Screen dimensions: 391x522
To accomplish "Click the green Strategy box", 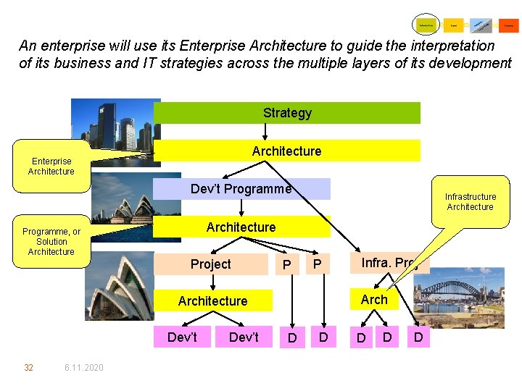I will pos(287,113).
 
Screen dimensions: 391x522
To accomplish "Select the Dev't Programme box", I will pos(241,189).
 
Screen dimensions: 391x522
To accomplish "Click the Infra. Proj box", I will pos(390,263).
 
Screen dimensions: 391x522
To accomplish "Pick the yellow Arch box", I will pos(374,299).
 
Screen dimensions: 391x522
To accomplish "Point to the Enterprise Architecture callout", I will pos(51,166).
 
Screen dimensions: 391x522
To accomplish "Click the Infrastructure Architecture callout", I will pos(470,201).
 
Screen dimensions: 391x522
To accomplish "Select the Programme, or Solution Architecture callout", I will pos(51,242).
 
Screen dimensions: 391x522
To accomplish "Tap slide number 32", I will pos(29,368).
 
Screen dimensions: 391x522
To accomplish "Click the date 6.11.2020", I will pos(83,368).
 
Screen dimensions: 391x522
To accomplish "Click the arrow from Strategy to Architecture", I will pos(265,131).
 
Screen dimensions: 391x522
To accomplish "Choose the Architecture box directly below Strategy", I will pos(287,151).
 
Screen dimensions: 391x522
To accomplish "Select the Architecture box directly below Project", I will pos(213,300).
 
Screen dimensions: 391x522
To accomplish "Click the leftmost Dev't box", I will pos(182,337).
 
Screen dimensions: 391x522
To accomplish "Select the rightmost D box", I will pos(418,337).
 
